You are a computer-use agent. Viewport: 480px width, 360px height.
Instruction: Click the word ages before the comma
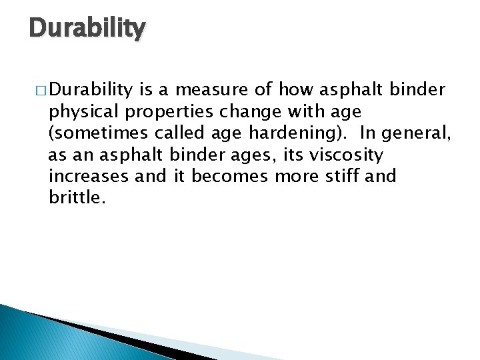[249, 155]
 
